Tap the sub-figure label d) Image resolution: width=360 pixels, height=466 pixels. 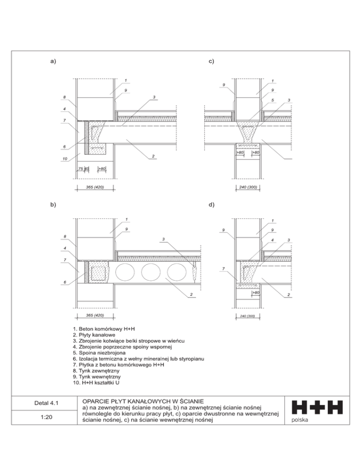pos(211,204)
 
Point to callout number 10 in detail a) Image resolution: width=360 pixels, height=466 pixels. pos(64,159)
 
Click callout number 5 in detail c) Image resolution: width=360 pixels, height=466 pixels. pos(272,100)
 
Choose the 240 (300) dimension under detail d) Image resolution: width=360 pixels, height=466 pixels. pos(247,316)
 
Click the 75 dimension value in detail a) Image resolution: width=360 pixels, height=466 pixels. pos(81,168)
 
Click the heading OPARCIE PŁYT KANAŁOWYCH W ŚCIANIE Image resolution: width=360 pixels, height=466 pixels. pos(142,401)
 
